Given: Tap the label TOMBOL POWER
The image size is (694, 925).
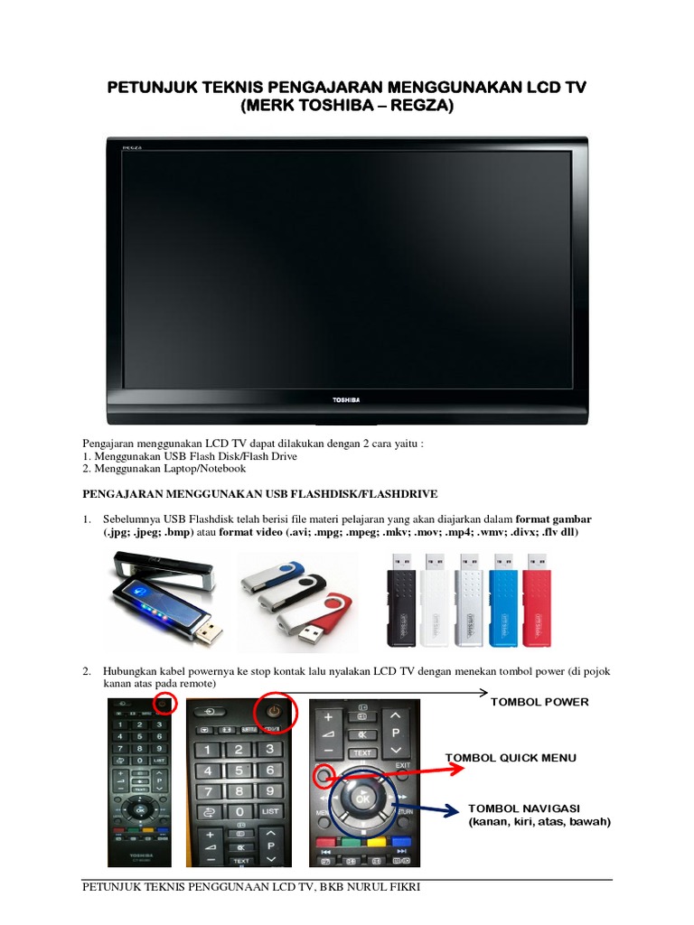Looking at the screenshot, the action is coord(539,702).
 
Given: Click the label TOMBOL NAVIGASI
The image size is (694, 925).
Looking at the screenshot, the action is coord(524,807).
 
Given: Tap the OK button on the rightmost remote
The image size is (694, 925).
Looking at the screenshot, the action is coord(362,799).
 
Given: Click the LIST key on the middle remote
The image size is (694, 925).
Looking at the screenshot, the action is coord(270,812).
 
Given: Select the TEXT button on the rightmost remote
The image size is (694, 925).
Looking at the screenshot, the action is coord(362,752).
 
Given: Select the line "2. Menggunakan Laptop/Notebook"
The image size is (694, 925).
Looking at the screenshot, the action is coord(164,469).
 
